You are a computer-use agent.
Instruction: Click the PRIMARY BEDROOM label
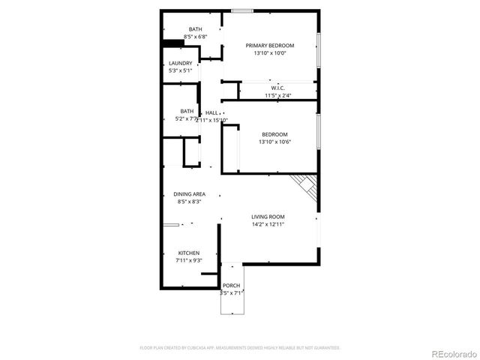click(270, 46)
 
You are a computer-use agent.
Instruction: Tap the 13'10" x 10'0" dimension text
click(270, 53)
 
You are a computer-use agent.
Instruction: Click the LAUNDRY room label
click(180, 63)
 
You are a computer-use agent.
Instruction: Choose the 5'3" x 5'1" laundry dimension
click(180, 70)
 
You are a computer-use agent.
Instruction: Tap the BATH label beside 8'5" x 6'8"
click(195, 29)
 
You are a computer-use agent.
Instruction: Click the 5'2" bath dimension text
click(185, 118)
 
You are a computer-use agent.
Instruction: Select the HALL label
click(211, 113)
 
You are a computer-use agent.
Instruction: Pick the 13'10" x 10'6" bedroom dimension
click(274, 142)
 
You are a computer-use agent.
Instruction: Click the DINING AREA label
click(190, 194)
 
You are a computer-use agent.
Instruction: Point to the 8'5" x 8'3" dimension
click(190, 202)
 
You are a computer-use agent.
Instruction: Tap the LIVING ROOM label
click(268, 216)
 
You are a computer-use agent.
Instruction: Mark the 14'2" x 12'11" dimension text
click(268, 223)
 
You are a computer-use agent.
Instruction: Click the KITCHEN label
click(188, 253)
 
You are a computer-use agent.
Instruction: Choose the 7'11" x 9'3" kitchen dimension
click(190, 260)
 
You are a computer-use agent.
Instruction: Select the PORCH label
click(231, 286)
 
